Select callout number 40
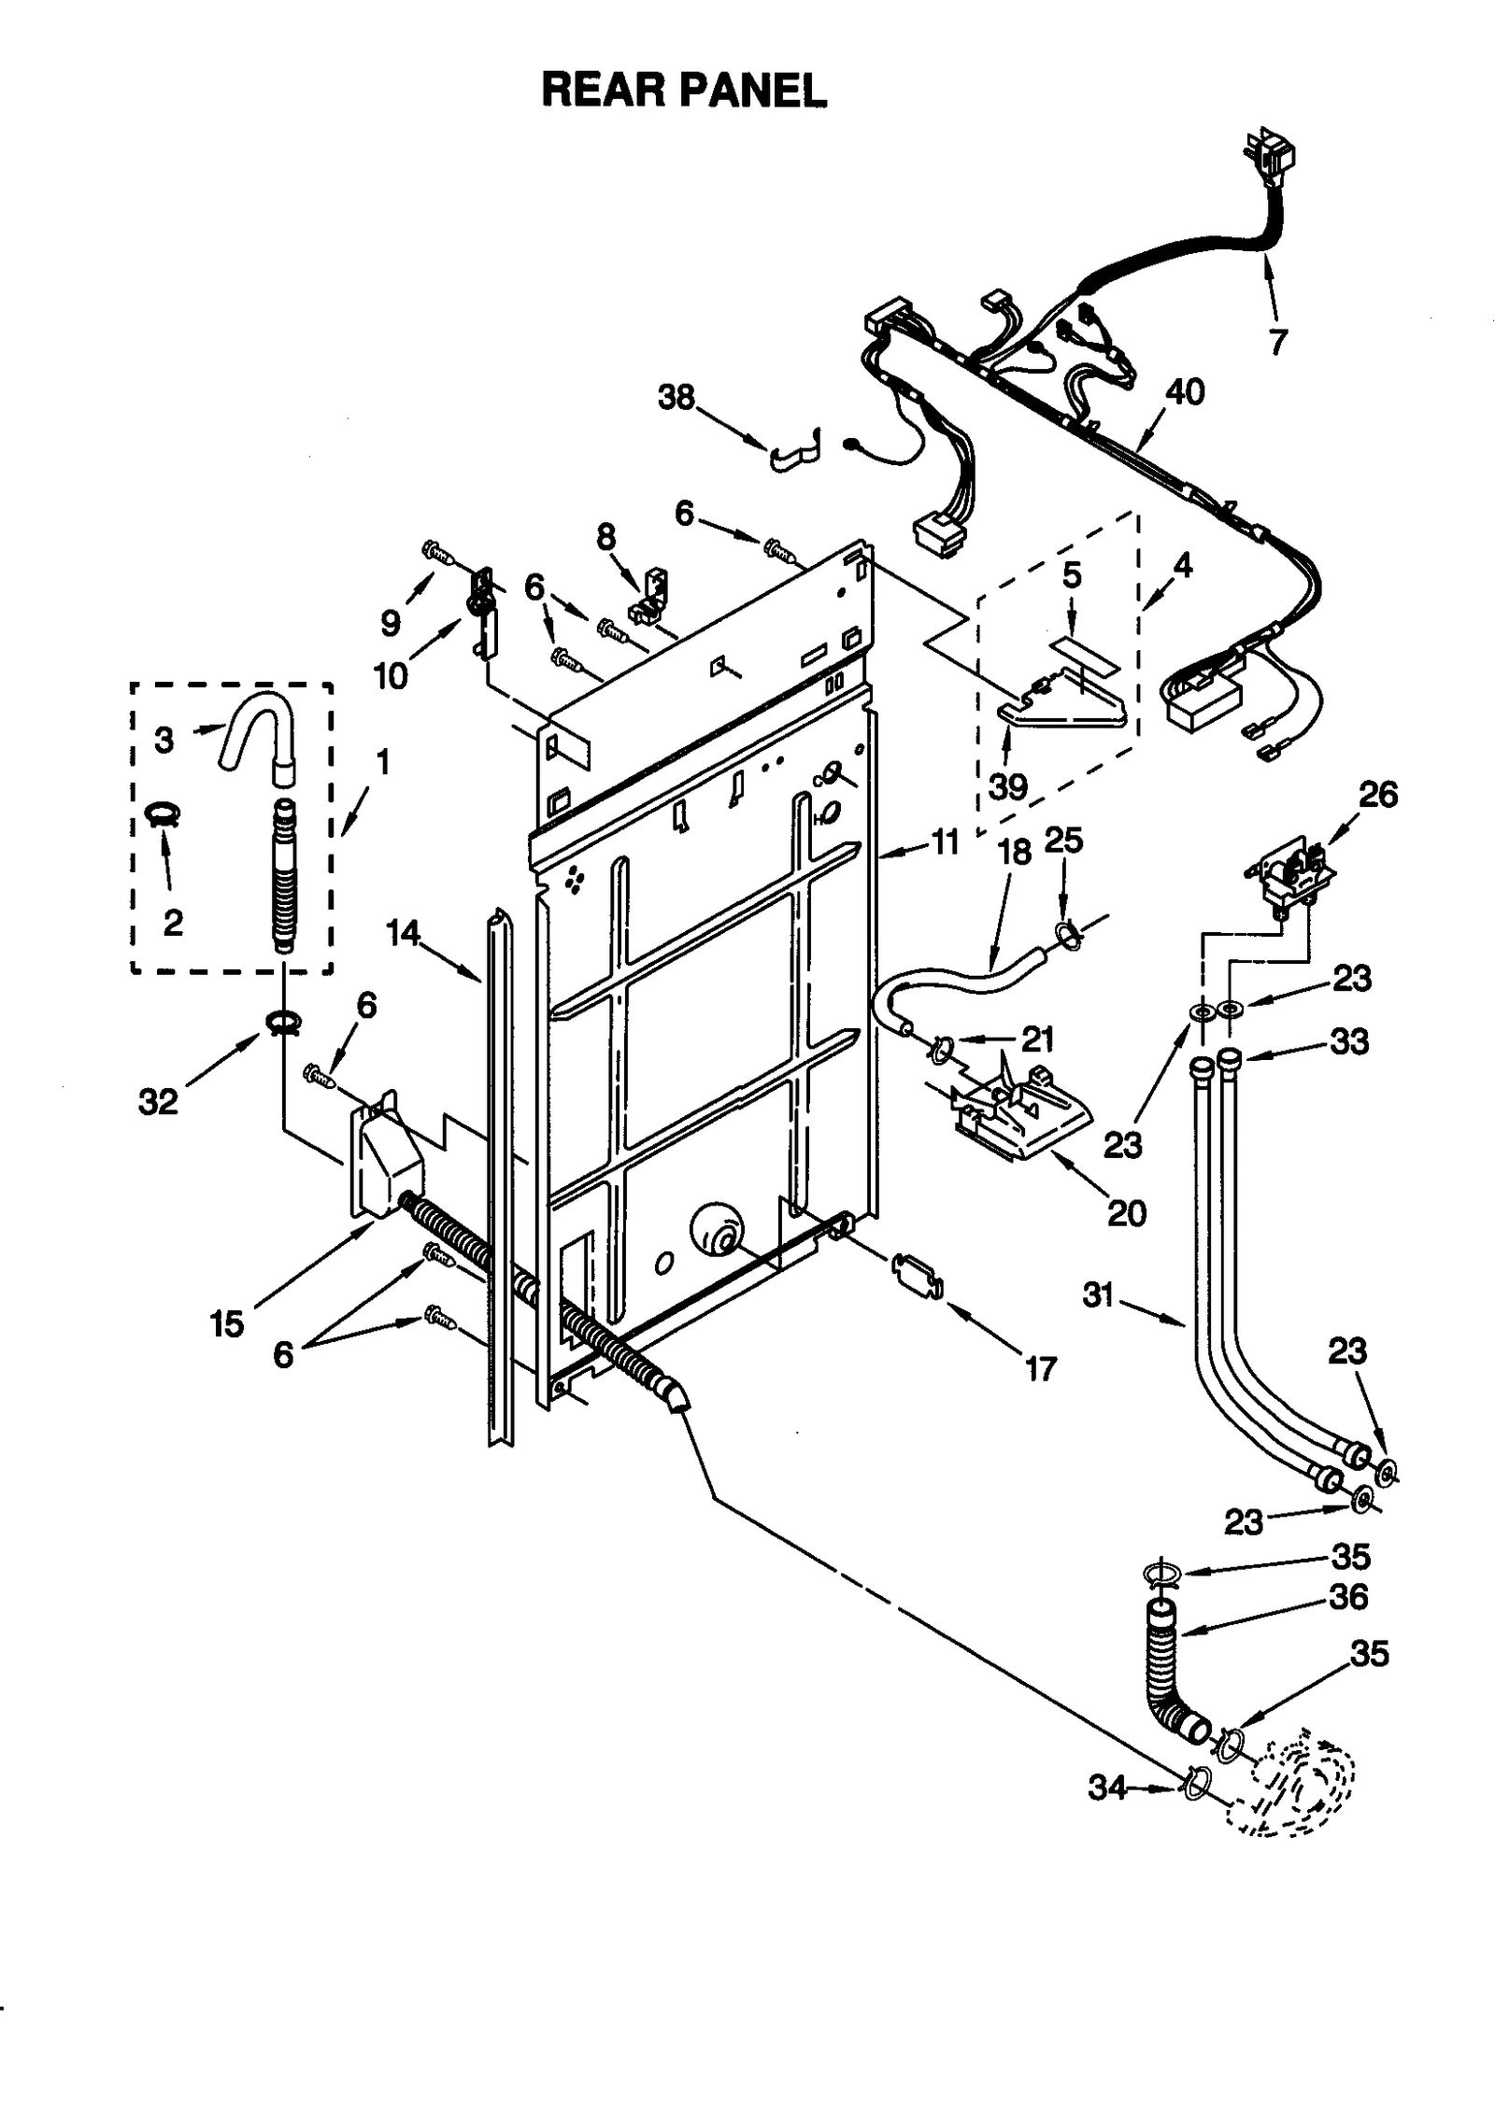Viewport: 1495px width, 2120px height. (1184, 392)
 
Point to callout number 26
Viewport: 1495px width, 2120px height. (1377, 795)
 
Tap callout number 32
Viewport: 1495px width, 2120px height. (158, 1102)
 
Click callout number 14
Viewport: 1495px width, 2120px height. (404, 933)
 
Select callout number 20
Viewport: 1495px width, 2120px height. (1126, 1213)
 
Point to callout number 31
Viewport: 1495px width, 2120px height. (1099, 1295)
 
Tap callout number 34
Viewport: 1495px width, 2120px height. (1107, 1789)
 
